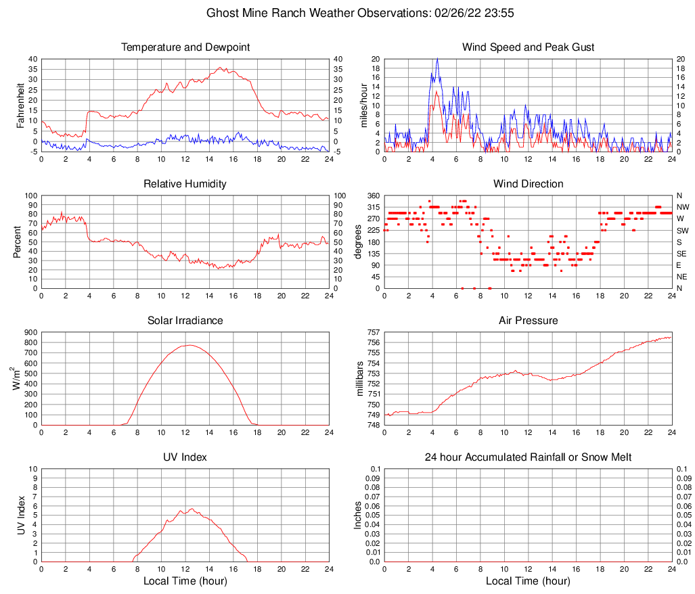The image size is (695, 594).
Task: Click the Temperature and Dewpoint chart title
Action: (x=185, y=47)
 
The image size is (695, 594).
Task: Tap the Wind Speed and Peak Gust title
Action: (x=528, y=47)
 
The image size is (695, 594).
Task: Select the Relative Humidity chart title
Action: (x=185, y=184)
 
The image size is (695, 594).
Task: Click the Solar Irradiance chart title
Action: (x=185, y=321)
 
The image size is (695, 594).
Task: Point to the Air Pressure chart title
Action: (x=528, y=321)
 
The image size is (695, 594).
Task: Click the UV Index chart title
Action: (x=185, y=457)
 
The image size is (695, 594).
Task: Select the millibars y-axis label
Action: (x=360, y=378)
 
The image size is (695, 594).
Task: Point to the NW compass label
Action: (x=683, y=207)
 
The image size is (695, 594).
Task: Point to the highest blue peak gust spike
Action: (x=437, y=59)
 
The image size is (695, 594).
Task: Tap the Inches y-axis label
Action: (x=359, y=515)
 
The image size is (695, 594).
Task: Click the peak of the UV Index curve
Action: (x=192, y=509)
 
